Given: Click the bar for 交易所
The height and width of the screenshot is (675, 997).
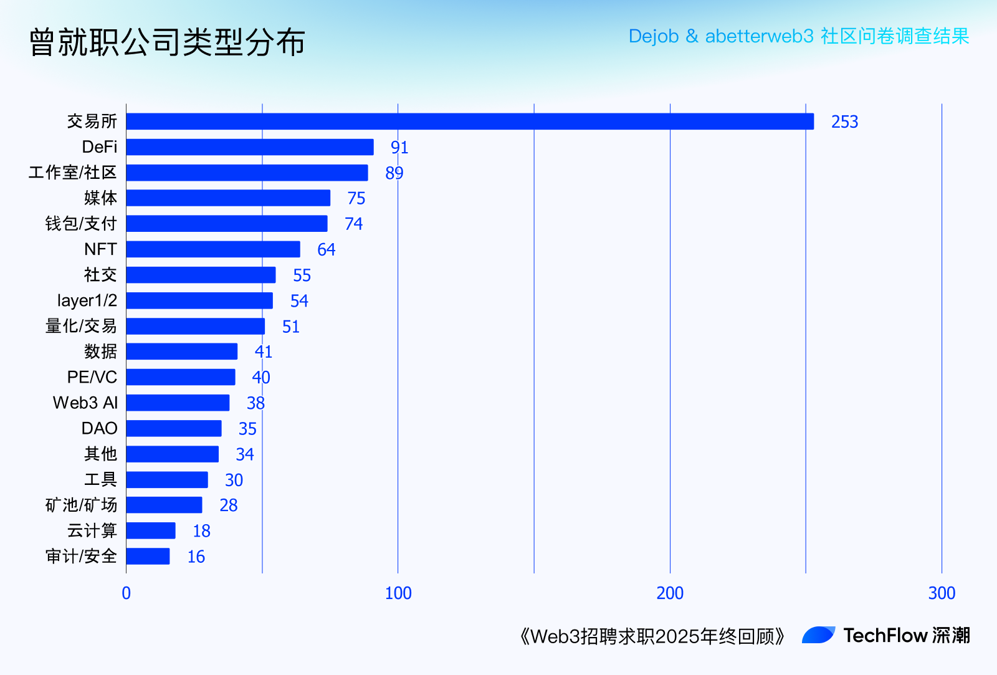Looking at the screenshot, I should pos(470,122).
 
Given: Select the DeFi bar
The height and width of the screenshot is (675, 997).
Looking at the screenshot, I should pos(250,147).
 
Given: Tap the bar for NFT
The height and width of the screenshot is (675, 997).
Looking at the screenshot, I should pos(213,249).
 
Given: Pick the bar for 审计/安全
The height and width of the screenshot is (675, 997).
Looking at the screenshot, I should pos(148,557).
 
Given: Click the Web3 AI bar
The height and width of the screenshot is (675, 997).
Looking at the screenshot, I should pos(178,403).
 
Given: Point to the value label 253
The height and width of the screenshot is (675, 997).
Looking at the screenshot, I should pos(844,122).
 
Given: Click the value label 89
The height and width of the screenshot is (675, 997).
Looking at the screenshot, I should pos(394,173).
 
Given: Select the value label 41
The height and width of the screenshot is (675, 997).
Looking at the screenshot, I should pos(264,352).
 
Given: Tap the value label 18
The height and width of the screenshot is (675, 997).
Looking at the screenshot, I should pos(201,531).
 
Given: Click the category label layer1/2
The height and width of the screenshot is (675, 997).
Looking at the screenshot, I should pos(87,300).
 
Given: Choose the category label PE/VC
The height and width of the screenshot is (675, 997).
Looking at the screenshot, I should pos(92,377).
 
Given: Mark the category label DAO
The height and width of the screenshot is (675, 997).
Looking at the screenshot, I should pos(99,428).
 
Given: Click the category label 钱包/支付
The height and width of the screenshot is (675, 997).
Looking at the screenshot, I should pos(81,224).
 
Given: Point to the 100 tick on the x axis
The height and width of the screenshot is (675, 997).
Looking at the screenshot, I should pos(398,593).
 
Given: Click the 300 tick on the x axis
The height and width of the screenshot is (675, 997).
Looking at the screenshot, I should pos(942,593).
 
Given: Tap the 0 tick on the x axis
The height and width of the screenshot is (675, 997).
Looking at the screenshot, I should pos(126,593).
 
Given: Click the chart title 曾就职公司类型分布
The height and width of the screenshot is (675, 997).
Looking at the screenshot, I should pos(167,42).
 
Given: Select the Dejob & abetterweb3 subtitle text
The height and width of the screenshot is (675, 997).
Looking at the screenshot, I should pos(799,36).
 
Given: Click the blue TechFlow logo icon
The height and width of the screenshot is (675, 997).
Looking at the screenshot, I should pos(818,635).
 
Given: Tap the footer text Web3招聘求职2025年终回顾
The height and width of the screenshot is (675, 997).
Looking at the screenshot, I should pos(652,636).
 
